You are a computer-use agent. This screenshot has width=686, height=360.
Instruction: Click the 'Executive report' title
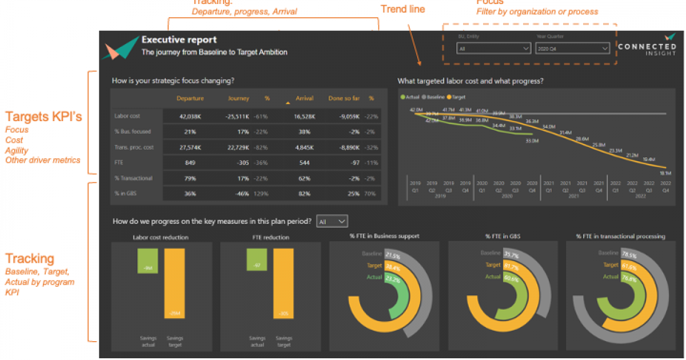(179, 40)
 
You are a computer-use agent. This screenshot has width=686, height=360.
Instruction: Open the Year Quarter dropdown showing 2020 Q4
(572, 49)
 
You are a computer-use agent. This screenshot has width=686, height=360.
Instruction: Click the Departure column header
(190, 98)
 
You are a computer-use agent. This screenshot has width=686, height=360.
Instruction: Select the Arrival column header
(305, 98)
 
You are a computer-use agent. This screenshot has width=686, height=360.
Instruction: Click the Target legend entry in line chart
(457, 97)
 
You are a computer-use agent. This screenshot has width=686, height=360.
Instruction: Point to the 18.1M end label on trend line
(665, 172)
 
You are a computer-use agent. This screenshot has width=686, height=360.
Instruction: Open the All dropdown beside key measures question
(332, 221)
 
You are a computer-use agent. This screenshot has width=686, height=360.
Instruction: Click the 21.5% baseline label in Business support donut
(392, 255)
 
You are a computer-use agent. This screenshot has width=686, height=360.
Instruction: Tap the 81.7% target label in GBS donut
(511, 266)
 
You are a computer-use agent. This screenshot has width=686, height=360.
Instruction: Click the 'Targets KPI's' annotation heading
(44, 117)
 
